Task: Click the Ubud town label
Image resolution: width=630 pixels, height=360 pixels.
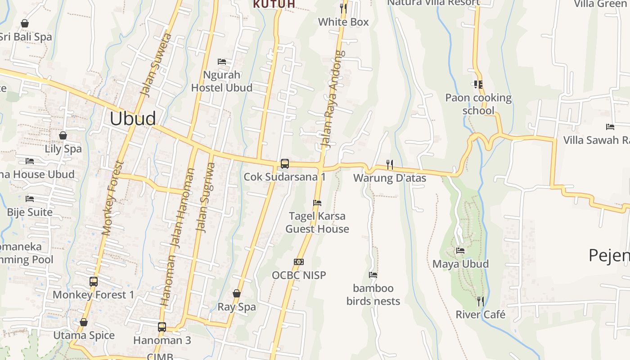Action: (x=133, y=118)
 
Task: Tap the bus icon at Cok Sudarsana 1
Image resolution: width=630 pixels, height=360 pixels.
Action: (x=285, y=164)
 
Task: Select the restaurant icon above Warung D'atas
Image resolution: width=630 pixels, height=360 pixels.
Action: (x=390, y=165)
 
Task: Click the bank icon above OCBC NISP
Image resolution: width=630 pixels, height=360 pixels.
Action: (x=299, y=262)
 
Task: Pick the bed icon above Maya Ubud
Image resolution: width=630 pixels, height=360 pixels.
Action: (x=460, y=251)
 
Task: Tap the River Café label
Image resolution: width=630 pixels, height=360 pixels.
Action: (x=481, y=315)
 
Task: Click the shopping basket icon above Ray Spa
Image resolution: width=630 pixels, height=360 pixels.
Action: (x=237, y=294)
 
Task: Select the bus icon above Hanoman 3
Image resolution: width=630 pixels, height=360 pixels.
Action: (x=162, y=327)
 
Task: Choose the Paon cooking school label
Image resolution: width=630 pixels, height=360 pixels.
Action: (x=478, y=104)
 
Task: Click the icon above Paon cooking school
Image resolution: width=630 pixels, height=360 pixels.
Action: (x=478, y=84)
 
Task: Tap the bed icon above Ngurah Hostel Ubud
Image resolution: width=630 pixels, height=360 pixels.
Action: (x=222, y=62)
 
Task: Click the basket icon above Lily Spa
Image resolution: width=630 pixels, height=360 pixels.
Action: (x=63, y=135)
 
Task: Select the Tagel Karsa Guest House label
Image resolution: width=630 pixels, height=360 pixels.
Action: (x=317, y=222)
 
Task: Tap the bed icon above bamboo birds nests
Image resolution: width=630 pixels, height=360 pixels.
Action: (x=373, y=275)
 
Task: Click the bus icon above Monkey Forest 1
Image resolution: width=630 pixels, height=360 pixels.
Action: (x=94, y=282)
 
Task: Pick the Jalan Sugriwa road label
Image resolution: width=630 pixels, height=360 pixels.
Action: (x=205, y=197)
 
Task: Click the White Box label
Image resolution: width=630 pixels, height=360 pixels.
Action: (x=343, y=22)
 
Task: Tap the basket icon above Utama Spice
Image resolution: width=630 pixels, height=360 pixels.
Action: (x=84, y=323)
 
